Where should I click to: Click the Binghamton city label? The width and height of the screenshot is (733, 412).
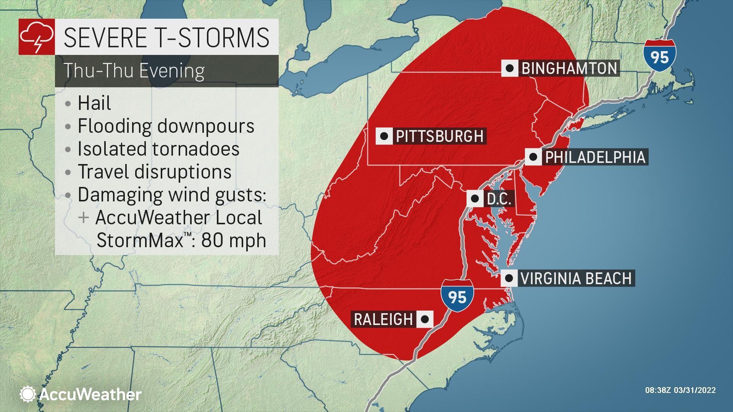569,69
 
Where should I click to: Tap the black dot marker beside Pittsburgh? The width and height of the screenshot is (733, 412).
384,136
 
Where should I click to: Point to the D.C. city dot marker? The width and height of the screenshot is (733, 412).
475,199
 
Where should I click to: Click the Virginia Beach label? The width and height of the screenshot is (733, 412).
576,278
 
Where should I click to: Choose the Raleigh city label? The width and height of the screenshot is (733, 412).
383,319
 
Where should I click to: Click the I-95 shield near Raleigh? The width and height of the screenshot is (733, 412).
457,296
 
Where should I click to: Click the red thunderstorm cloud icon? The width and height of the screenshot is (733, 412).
37,37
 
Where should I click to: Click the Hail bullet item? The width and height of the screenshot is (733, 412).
94,103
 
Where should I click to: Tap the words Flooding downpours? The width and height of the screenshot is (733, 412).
166,126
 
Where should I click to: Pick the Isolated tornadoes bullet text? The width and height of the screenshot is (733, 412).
158,149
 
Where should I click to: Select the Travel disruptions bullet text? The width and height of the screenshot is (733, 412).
154,172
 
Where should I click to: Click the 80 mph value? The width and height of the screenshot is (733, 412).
233,240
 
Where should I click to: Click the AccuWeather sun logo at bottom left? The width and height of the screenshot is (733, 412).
27,394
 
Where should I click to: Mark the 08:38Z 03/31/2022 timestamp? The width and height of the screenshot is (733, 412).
680,390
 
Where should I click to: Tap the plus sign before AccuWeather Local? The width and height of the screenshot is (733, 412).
83,218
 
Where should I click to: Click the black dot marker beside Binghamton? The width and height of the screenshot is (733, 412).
510,69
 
